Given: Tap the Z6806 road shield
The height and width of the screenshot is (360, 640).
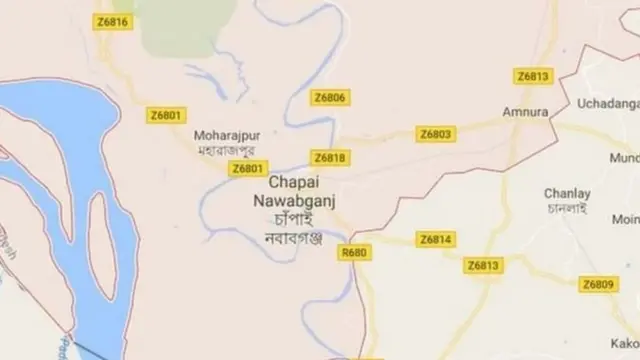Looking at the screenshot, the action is tap(330, 98).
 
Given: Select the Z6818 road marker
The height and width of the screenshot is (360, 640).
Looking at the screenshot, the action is tap(329, 158).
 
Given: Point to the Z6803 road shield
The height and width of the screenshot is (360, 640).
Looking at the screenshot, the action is tap(435, 133).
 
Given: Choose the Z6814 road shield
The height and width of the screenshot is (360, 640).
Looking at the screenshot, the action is tap(436, 240).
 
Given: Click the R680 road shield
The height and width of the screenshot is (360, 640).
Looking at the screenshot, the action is tap(354, 253).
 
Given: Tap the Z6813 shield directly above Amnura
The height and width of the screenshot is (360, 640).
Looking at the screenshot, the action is tap(534, 76).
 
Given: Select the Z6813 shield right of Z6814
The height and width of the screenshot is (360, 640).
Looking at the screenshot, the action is tap(484, 265).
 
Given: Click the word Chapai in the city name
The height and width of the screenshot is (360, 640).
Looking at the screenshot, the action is tap(294, 184).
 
